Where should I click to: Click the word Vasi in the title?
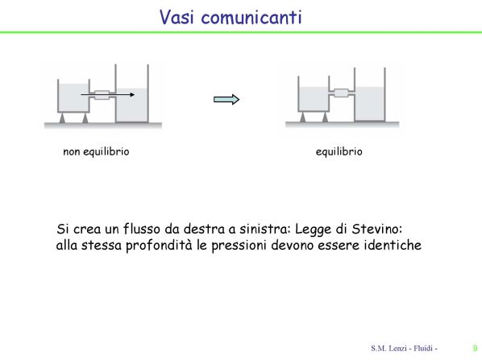[177, 17]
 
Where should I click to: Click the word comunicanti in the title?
[251, 17]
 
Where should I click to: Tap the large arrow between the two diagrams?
[226, 99]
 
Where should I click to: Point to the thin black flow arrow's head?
[132, 94]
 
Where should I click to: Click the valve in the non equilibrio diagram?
[102, 94]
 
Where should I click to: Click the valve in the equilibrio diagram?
[341, 93]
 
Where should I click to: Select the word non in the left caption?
[71, 151]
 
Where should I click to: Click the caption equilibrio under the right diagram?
[339, 151]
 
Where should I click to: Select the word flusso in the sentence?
[142, 229]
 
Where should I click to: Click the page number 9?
[476, 348]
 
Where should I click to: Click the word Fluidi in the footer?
[423, 348]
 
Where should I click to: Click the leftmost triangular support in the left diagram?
[62, 118]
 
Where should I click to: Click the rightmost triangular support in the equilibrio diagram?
[325, 118]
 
